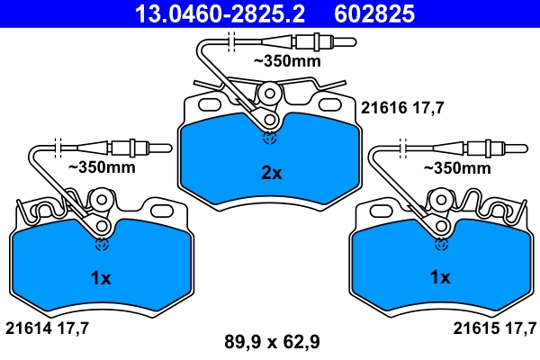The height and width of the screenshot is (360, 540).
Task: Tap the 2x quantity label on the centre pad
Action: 271,173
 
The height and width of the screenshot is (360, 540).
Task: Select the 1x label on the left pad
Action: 101,279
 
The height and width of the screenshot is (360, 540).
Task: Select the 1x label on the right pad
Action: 439,279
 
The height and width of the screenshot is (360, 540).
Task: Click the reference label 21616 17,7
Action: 403,108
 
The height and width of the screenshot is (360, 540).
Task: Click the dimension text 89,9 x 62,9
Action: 272,341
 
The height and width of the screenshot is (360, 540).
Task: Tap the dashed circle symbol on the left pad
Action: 100,244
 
